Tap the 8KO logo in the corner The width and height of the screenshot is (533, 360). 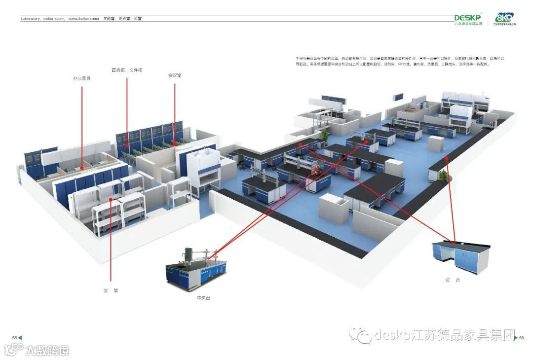coord(504,18)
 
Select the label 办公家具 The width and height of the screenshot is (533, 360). coord(82,78)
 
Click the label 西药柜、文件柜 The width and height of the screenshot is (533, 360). coord(127,71)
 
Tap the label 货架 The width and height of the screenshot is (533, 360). coord(111,290)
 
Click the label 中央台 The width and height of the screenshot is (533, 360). coord(203,298)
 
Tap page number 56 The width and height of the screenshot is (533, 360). coord(521,338)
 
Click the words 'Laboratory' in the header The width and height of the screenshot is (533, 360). coord(31,19)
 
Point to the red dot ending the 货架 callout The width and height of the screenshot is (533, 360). coord(111,199)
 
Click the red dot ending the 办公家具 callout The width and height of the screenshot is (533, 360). coord(82,168)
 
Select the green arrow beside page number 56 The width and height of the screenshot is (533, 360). coord(516,338)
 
